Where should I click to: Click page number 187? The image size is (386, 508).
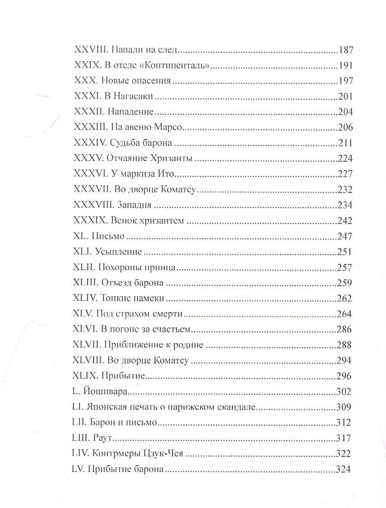(x=345, y=50)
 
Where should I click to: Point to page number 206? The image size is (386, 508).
(x=345, y=128)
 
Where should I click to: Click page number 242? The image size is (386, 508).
(x=345, y=221)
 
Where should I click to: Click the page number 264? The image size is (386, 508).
(x=345, y=314)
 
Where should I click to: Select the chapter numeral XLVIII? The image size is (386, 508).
(x=89, y=361)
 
